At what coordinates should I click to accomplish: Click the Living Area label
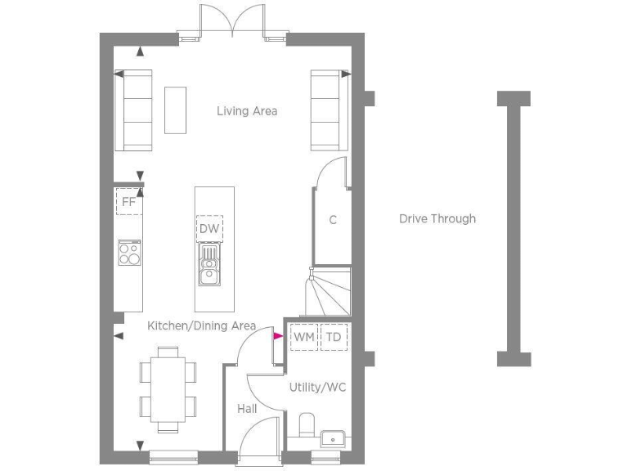[x=247, y=111]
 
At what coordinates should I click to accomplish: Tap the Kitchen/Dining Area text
[x=201, y=325]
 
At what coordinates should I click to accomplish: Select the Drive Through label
[x=437, y=218]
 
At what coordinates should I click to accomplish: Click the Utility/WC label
[x=317, y=387]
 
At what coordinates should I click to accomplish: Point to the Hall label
[x=248, y=408]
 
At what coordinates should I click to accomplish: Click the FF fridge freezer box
[x=128, y=201]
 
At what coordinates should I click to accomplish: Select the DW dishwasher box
[x=209, y=229]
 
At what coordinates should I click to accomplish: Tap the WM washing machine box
[x=304, y=337]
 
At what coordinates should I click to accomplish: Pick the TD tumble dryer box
[x=334, y=337]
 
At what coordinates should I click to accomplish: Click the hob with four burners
[x=129, y=253]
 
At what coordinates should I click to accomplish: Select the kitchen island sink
[x=210, y=266]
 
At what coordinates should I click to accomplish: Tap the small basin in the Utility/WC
[x=333, y=438]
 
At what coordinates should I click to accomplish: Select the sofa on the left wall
[x=133, y=110]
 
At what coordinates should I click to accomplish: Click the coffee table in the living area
[x=175, y=110]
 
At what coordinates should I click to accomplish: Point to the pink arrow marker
[x=277, y=336]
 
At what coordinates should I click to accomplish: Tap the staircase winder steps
[x=325, y=294]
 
